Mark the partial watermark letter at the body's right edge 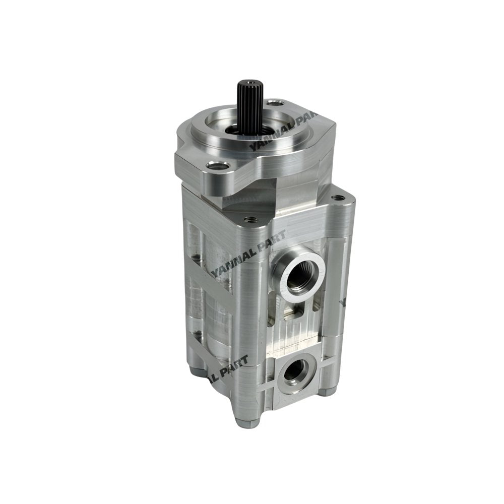[342, 301]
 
